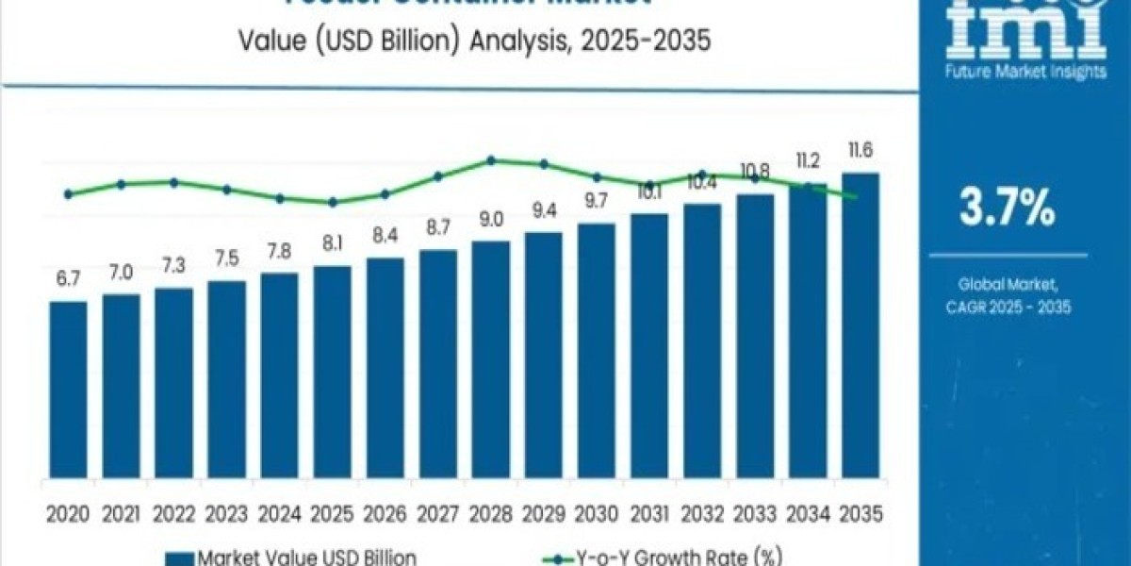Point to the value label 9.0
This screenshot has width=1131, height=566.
[x=490, y=220]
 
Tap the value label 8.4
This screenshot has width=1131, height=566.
[x=385, y=236]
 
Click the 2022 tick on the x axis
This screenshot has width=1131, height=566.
[x=173, y=513]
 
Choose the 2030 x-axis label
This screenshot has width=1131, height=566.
[x=596, y=513]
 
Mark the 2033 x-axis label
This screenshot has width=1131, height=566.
[x=754, y=513]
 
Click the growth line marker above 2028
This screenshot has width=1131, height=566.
[x=491, y=160]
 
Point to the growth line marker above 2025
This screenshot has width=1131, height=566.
[x=333, y=202]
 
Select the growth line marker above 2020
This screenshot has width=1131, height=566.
[x=68, y=194]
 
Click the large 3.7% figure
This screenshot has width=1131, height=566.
[x=1007, y=208]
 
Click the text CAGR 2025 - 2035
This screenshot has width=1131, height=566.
[x=1007, y=307]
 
